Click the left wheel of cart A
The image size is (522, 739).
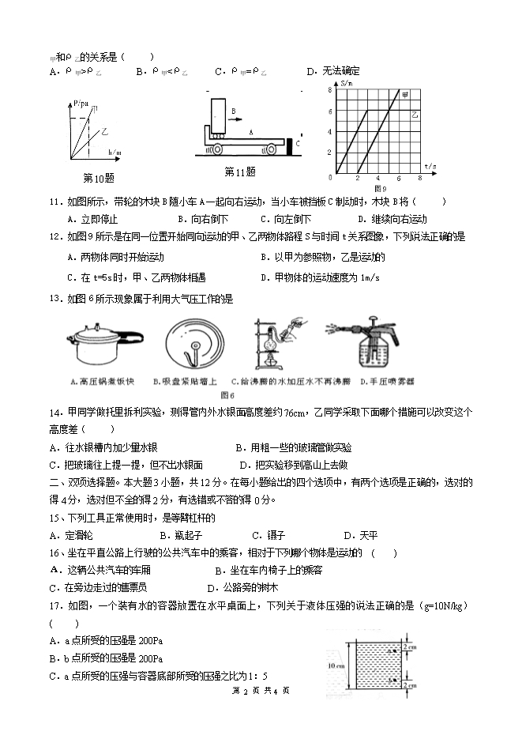[216, 148]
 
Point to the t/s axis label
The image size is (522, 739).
[430, 166]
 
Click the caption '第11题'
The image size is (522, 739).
[240, 172]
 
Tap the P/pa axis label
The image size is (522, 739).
[80, 102]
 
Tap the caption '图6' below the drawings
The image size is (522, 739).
[228, 394]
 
